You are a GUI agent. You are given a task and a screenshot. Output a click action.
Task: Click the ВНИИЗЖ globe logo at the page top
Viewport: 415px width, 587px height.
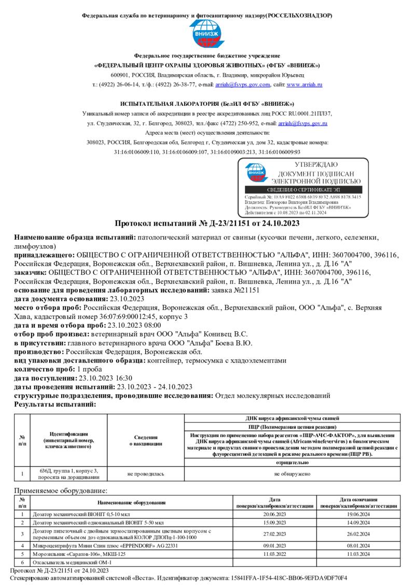[x=207, y=34]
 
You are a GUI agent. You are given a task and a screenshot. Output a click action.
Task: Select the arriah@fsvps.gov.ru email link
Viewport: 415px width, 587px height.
[x=302, y=123]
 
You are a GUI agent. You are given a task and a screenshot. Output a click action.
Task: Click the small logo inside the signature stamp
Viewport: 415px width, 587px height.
[x=254, y=173]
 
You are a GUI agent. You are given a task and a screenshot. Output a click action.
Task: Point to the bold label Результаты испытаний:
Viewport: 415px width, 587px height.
[x=55, y=403]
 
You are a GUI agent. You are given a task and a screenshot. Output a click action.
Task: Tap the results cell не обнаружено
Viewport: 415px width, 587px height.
[x=293, y=474]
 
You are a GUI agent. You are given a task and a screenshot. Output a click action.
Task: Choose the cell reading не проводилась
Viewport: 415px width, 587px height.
[x=146, y=474]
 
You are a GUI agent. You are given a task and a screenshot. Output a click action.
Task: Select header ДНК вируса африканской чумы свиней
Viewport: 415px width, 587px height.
[x=293, y=418]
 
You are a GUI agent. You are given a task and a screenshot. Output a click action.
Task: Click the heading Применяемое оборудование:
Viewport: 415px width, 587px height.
[x=61, y=490]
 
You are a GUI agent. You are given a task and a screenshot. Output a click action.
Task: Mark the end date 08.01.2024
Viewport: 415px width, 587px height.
[x=358, y=546]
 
